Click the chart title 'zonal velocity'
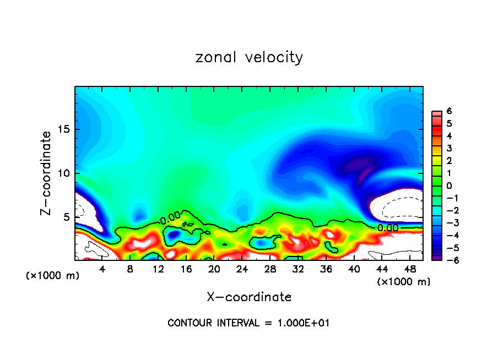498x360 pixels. [249, 57]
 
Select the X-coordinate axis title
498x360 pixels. [249, 297]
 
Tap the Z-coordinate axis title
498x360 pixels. [48, 173]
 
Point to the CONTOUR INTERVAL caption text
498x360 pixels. [248, 323]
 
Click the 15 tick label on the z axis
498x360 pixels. [66, 129]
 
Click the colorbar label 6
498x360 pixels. [449, 111]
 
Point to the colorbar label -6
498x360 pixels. [447, 260]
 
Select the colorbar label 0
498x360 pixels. [449, 186]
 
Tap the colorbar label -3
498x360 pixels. [447, 223]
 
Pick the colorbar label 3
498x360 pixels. [449, 148]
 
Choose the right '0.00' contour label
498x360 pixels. [388, 227]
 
